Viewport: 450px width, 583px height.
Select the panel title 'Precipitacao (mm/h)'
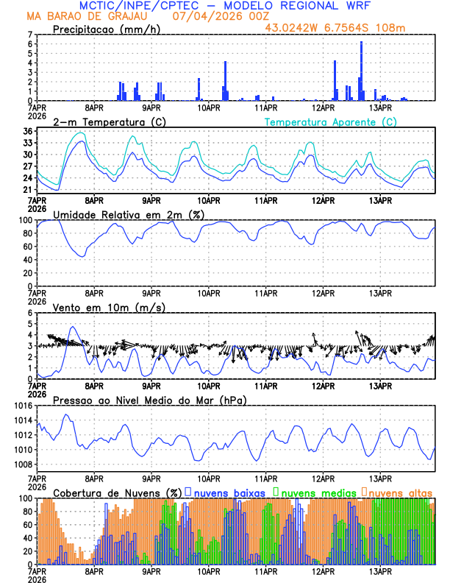pos(106,29)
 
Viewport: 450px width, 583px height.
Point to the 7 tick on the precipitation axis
pos(30,35)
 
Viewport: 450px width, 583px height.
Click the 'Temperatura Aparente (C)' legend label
pos(330,121)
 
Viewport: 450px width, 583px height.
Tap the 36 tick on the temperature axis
pos(28,132)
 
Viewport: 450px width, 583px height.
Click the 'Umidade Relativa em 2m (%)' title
pos(129,214)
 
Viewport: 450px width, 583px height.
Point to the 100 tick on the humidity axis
pos(25,220)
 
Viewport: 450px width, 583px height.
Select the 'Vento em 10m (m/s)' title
pos(110,307)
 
